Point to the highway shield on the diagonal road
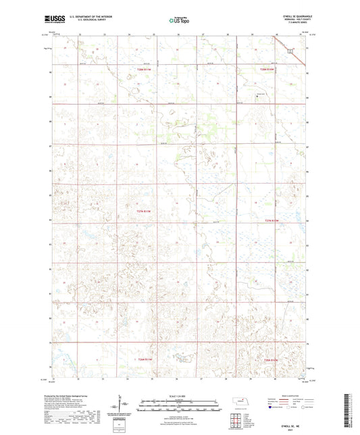point(290,51)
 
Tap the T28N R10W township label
point(269,68)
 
